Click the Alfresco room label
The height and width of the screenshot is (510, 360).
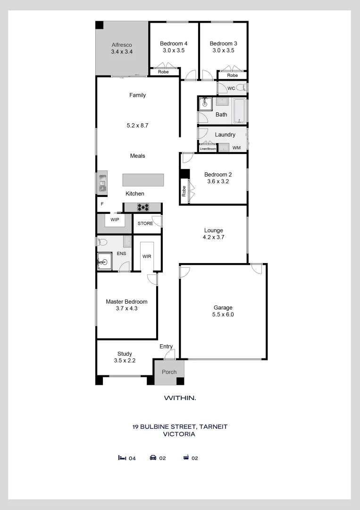tap(122, 45)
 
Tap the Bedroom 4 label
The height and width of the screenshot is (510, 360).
tap(174, 43)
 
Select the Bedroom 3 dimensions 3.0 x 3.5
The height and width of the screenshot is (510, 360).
tap(224, 51)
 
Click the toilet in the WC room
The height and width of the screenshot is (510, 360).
tap(242, 87)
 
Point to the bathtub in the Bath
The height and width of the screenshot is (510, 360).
tap(240, 110)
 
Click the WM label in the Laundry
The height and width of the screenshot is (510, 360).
tap(236, 148)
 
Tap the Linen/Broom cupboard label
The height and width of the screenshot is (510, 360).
tap(208, 149)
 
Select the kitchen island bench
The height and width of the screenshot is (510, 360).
tap(143, 180)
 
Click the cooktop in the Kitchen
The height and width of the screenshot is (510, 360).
tap(143, 207)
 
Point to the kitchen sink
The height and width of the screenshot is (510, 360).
tap(103, 183)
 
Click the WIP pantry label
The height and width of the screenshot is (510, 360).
tap(115, 220)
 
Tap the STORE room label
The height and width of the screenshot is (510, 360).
tap(145, 223)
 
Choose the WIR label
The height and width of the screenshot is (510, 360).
tap(147, 256)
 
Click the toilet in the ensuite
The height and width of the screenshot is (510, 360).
tap(102, 242)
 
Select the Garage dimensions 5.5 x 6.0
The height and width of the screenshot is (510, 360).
tap(223, 314)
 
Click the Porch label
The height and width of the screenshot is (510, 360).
tap(169, 372)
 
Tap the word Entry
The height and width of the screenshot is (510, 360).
tap(166, 347)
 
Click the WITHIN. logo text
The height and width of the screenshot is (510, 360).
tap(180, 398)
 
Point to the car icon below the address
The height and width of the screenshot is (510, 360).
tap(153, 458)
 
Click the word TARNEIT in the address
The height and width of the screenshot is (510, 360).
tap(213, 426)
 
